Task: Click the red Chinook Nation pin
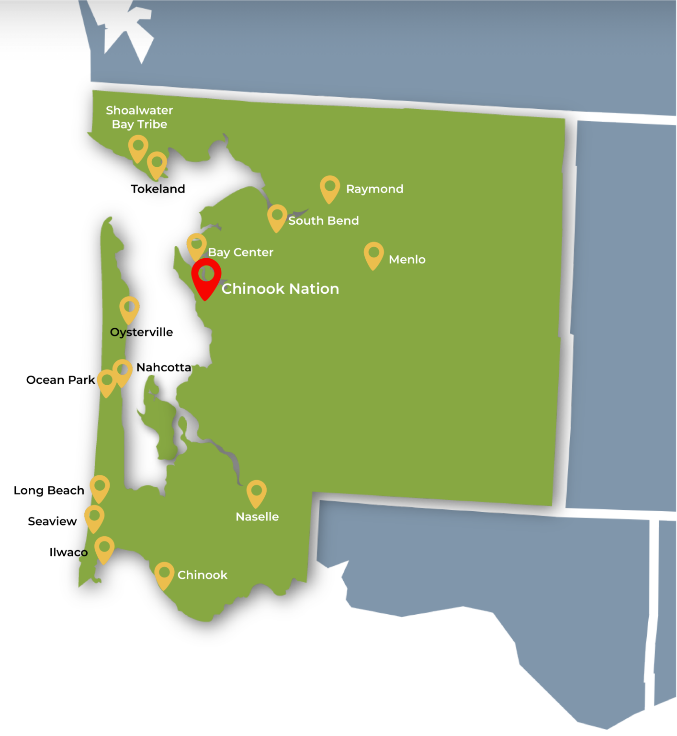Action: coord(206,276)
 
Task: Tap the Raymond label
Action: coord(374,189)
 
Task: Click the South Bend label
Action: coord(323,221)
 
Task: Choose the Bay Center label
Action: coord(240,253)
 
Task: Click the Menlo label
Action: coord(407,260)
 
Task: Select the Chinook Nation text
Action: coord(280,289)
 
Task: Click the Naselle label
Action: coord(257,517)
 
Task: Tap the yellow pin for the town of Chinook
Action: coord(164,574)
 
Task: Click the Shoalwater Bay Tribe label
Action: coord(139,117)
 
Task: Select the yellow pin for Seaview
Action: coord(94,517)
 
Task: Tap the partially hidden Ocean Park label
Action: coord(54,380)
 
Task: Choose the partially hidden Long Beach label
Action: coord(43,491)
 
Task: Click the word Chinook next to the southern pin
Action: coord(202,575)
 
